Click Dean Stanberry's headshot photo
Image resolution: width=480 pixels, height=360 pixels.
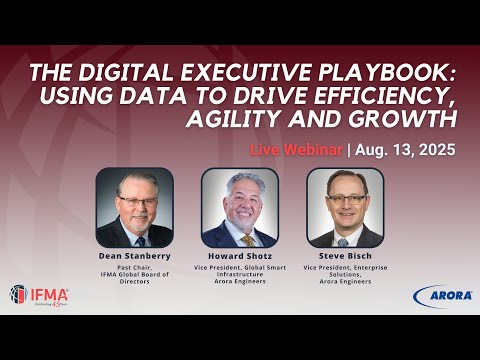(x=135, y=207)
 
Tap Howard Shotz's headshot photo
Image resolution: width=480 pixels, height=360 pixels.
(x=240, y=207)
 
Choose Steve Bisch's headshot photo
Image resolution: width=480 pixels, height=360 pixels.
(x=345, y=207)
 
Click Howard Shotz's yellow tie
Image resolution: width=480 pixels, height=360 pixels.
(x=246, y=240)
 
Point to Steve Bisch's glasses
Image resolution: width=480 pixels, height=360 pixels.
(x=345, y=200)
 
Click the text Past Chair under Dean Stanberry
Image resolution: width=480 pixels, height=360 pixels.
(x=135, y=268)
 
